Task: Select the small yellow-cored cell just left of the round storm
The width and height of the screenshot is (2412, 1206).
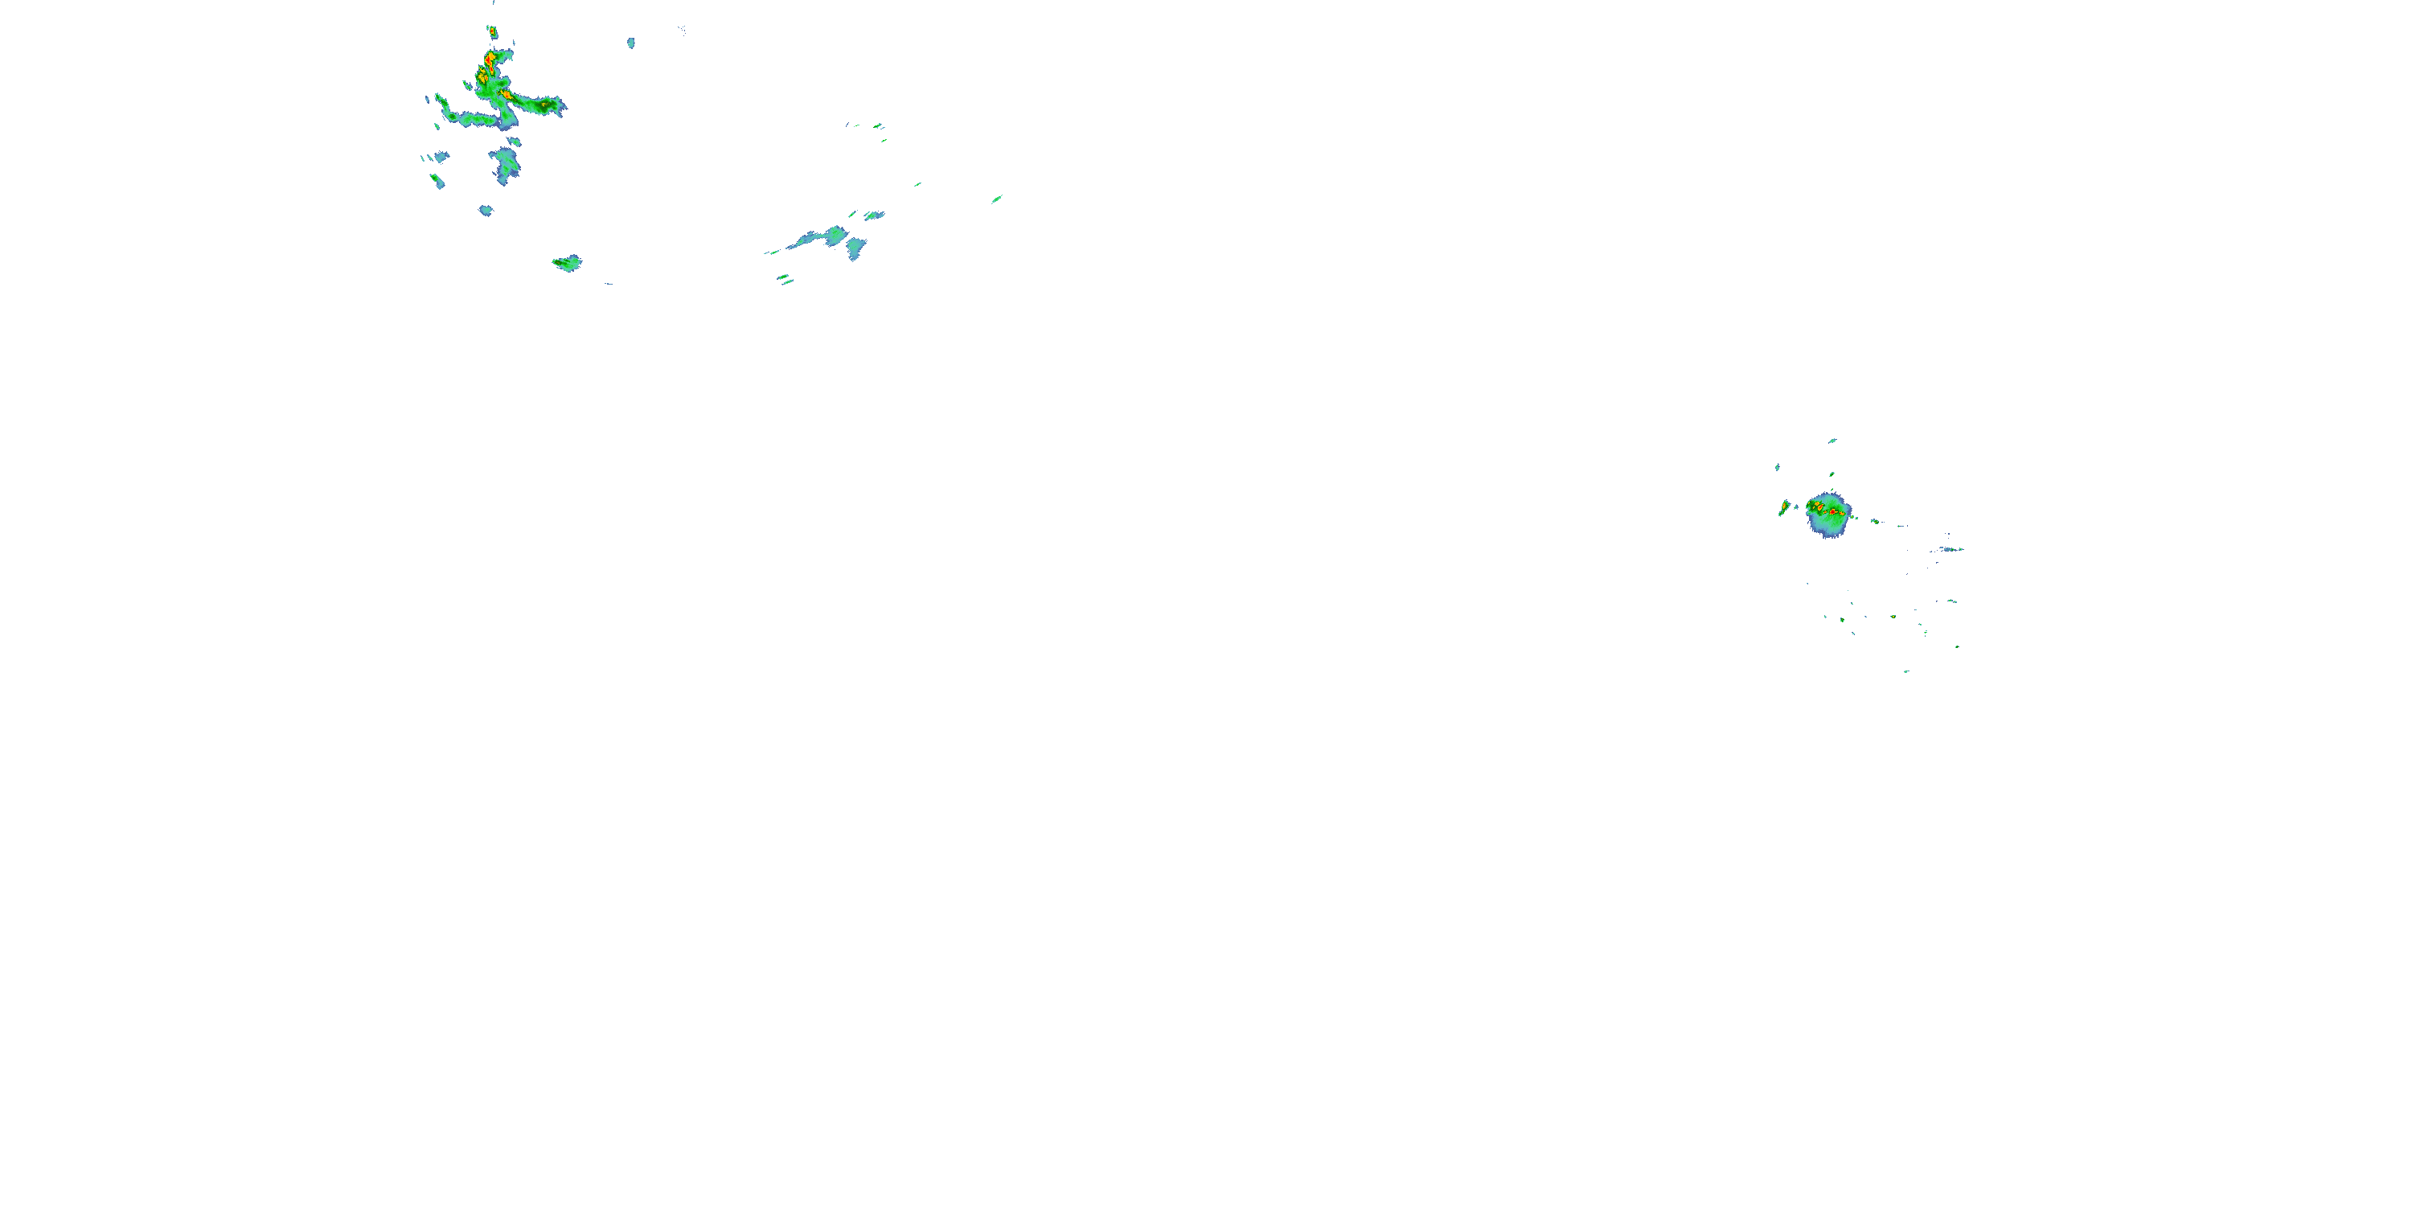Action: (1785, 508)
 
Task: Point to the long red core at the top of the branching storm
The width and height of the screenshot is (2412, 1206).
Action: (487, 64)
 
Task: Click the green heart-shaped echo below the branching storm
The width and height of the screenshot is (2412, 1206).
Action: (568, 263)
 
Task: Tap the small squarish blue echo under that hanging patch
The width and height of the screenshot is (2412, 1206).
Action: (485, 211)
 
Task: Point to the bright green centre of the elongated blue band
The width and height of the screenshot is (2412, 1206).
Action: (835, 234)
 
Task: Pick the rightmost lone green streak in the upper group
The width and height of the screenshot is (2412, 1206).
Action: (997, 199)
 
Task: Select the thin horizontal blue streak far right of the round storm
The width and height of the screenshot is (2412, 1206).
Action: (1951, 550)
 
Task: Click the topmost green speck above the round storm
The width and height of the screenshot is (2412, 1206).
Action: (1832, 440)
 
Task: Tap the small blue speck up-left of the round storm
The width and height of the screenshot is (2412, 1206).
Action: (1777, 466)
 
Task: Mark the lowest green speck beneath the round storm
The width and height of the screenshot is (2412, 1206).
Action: (1906, 671)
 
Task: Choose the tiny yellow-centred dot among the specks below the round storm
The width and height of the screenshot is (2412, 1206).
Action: (1893, 617)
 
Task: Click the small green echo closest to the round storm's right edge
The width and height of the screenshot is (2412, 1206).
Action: (1875, 521)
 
